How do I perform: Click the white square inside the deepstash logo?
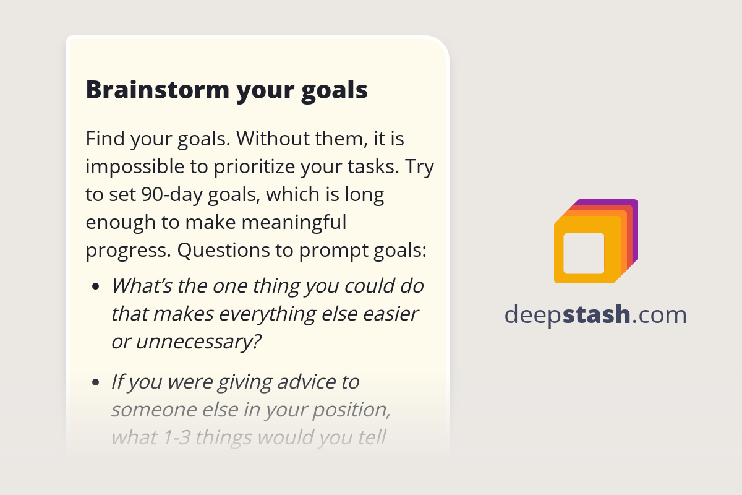pos(584,253)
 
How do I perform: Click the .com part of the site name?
pos(660,315)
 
